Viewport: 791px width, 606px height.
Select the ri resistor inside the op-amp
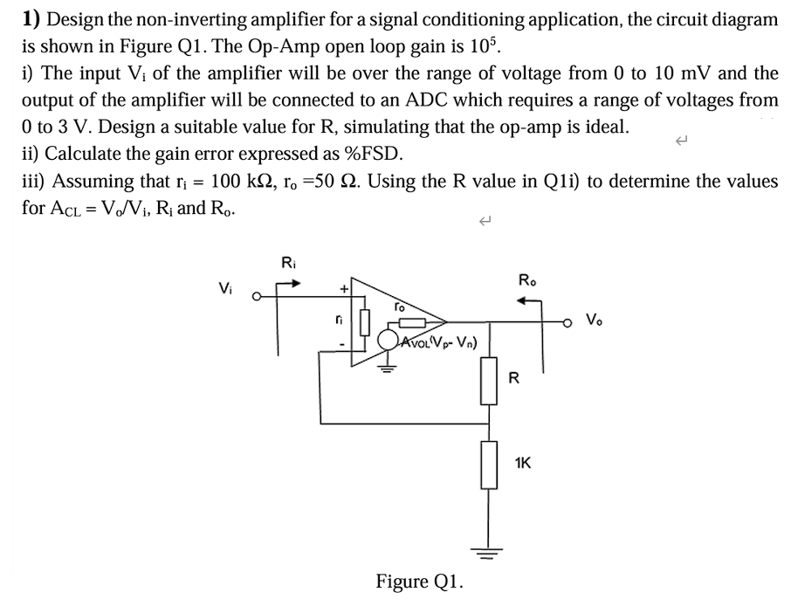[364, 321]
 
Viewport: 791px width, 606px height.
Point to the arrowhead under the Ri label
[298, 282]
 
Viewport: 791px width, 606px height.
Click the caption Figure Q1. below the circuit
[420, 581]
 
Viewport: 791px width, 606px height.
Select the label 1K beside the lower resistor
[524, 463]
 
